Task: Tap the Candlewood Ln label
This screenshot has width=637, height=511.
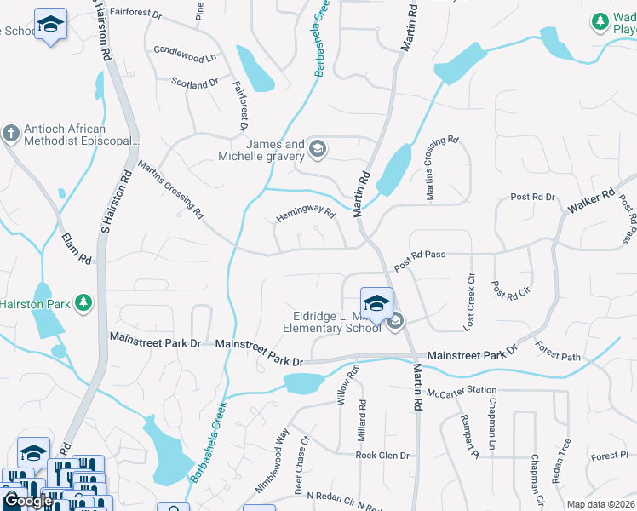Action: pyautogui.click(x=184, y=55)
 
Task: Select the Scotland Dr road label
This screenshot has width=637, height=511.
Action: pyautogui.click(x=195, y=83)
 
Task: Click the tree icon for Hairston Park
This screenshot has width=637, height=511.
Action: pyautogui.click(x=83, y=303)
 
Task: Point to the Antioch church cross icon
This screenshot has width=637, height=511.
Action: pyautogui.click(x=10, y=134)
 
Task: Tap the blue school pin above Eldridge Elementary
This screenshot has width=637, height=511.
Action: pyautogui.click(x=376, y=302)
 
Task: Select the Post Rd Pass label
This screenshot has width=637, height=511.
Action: pyautogui.click(x=420, y=261)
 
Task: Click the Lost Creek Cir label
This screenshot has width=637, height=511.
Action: pyautogui.click(x=468, y=301)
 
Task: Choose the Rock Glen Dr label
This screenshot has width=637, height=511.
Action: pyautogui.click(x=382, y=456)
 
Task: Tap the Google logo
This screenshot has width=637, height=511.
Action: pyautogui.click(x=27, y=501)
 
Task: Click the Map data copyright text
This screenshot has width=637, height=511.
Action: pyautogui.click(x=600, y=504)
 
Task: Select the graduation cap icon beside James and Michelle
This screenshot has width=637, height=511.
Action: pyautogui.click(x=318, y=151)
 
